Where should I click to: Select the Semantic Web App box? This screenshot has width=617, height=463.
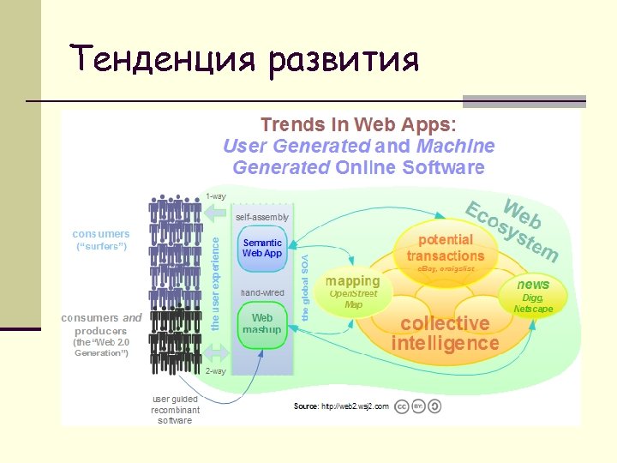(262, 248)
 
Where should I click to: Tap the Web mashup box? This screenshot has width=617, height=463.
(262, 325)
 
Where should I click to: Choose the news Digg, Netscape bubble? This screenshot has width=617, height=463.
(533, 296)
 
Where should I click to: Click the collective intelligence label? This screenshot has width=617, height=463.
(445, 334)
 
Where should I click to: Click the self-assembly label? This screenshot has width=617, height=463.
(262, 217)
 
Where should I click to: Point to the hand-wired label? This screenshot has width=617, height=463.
(262, 292)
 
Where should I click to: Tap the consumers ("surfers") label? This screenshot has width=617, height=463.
(100, 240)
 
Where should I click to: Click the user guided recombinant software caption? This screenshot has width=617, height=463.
(176, 410)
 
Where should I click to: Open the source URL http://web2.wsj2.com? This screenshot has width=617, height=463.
(354, 406)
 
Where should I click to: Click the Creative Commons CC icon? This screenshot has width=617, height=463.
(401, 406)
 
